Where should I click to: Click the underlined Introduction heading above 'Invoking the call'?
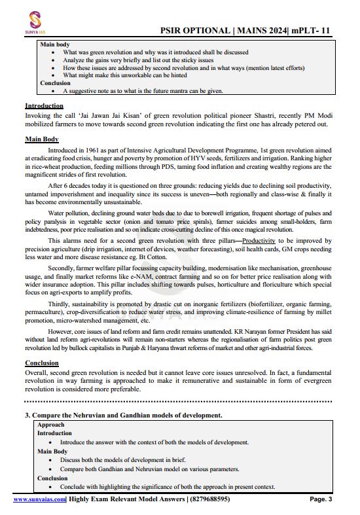44,105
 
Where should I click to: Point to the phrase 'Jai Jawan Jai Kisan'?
98,115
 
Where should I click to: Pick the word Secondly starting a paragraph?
63,268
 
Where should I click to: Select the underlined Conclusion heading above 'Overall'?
42,363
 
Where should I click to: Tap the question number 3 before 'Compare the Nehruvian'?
27,415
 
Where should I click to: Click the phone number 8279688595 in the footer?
210,500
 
